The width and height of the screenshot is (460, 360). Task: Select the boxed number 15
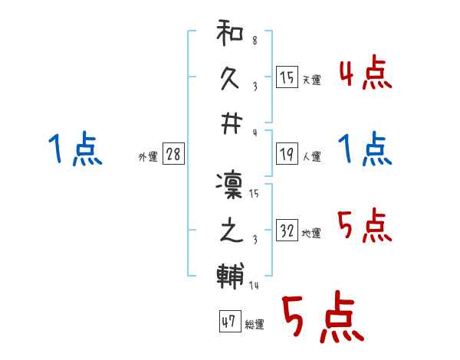pos(287,77)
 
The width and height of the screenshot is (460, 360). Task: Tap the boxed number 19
pos(287,155)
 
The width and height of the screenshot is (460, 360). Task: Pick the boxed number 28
pos(173,154)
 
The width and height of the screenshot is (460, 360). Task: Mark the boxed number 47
pos(228,322)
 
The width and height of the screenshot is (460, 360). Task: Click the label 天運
pos(311,80)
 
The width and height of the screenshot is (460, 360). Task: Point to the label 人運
pos(311,157)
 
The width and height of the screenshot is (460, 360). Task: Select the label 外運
pos(148,157)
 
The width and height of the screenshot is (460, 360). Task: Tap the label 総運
pos(254,325)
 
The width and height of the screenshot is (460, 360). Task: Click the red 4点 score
pos(365,73)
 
